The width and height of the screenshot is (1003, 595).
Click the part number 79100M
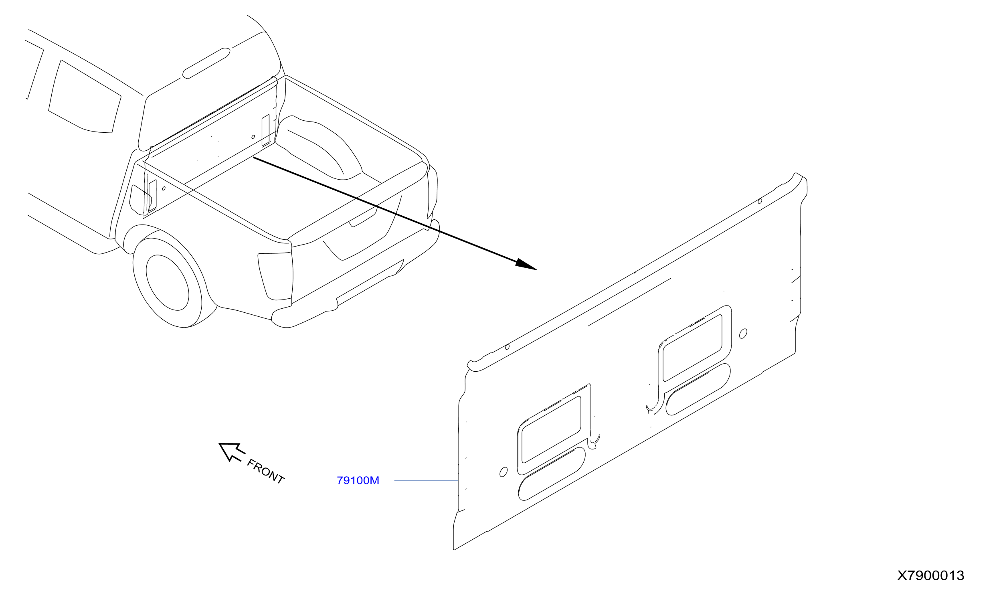click(x=358, y=480)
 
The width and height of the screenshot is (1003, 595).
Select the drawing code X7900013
click(x=930, y=576)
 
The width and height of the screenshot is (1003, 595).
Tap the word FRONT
click(x=266, y=472)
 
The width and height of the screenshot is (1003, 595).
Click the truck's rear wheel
click(x=168, y=282)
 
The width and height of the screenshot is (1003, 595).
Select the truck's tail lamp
click(x=275, y=276)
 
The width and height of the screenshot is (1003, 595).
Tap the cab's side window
click(x=85, y=96)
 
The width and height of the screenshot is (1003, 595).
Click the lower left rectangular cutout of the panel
click(x=551, y=429)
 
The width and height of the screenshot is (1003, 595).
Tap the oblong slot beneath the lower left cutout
click(x=552, y=474)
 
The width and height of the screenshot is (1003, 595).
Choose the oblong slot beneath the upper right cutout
click(x=698, y=389)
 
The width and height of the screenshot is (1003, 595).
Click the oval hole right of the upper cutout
click(x=743, y=333)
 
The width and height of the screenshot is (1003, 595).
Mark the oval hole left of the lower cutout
click(x=504, y=472)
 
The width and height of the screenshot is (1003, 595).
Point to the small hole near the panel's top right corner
click(x=760, y=201)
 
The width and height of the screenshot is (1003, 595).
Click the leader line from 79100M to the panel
click(x=426, y=480)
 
